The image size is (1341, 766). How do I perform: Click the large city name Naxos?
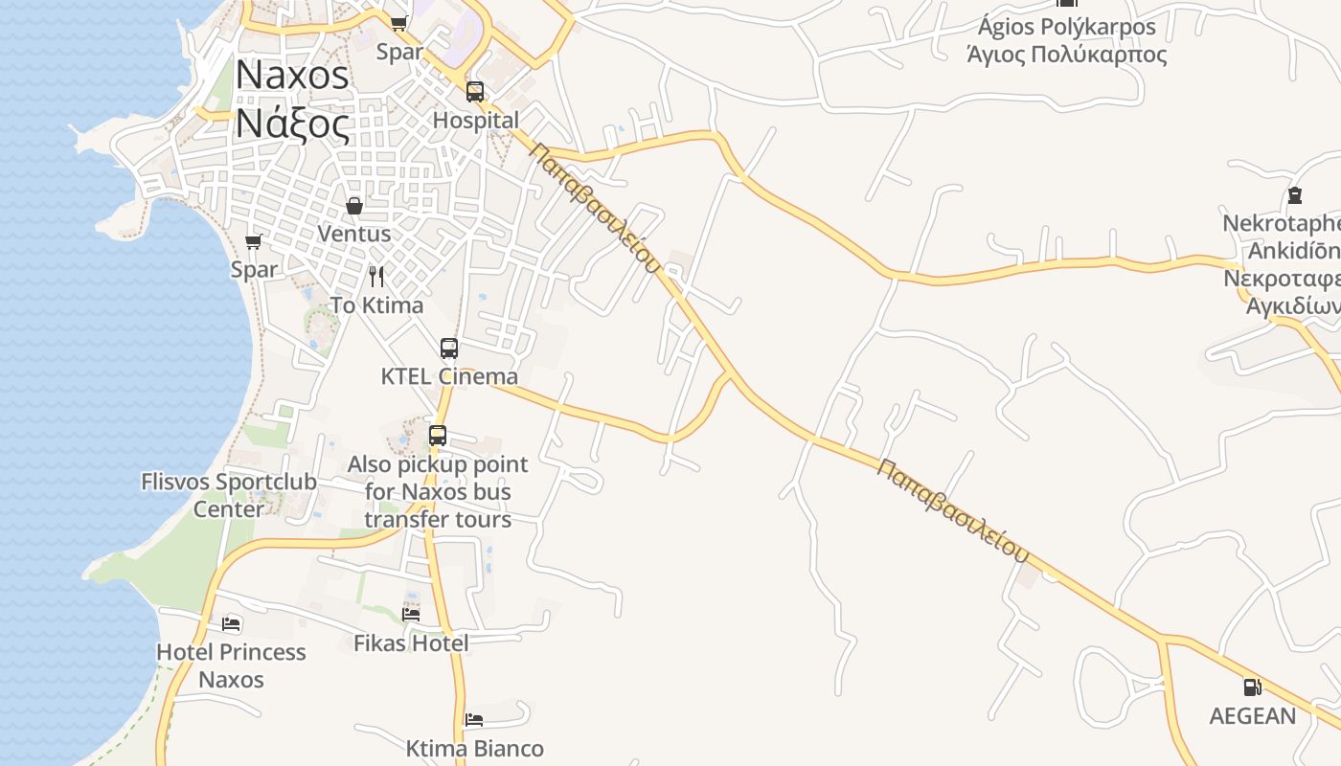(x=292, y=75)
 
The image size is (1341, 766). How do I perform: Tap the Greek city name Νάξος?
(x=292, y=124)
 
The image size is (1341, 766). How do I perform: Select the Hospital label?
(x=475, y=120)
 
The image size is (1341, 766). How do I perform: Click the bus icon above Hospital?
(x=475, y=92)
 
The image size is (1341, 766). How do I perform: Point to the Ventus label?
(x=353, y=233)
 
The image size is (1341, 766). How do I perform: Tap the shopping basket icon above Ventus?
(x=354, y=206)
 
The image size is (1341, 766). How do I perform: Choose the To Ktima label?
(x=376, y=304)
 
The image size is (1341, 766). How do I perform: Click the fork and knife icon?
(x=376, y=277)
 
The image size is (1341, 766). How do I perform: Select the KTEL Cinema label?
(x=449, y=376)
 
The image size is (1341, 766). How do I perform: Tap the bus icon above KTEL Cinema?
(x=449, y=349)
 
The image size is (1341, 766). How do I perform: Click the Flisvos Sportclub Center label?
(x=228, y=494)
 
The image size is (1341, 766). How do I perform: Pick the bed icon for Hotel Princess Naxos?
(x=231, y=624)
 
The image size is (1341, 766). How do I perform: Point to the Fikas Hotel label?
(x=411, y=642)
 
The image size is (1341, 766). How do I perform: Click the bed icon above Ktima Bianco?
(x=474, y=720)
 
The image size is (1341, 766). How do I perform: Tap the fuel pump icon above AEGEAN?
(x=1252, y=687)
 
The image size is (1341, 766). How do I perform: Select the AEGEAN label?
(x=1252, y=715)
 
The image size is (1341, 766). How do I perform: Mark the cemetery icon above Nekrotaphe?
(x=1295, y=196)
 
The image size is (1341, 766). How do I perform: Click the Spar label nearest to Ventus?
(x=254, y=269)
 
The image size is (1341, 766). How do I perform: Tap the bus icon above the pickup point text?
(x=438, y=436)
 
